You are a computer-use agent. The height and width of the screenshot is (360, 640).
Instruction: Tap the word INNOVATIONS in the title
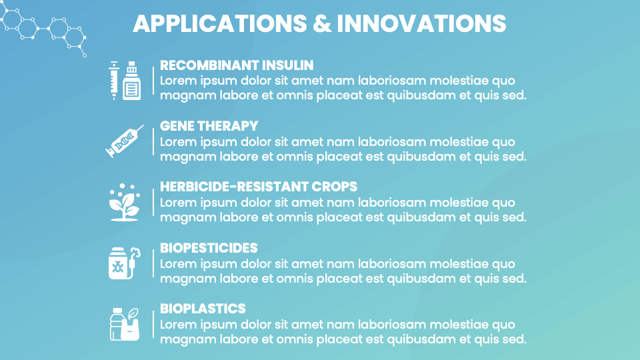[421, 24]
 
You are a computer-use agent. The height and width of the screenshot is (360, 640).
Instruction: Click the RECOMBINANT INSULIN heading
[237, 65]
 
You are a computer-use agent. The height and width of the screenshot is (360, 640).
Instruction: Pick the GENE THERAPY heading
[209, 126]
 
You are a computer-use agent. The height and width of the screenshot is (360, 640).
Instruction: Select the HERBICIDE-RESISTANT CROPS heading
[259, 187]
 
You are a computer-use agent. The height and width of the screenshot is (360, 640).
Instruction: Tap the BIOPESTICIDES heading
[209, 248]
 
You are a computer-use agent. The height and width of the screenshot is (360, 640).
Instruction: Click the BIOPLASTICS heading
[203, 309]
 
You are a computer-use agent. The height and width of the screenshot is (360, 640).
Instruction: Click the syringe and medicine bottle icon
[125, 80]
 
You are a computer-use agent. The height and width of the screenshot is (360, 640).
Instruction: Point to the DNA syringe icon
[125, 141]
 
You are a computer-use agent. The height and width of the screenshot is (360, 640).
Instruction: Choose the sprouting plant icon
[125, 202]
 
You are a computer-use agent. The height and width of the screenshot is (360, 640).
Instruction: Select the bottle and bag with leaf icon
[125, 323]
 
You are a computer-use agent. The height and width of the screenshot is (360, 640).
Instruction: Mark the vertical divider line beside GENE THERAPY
[153, 141]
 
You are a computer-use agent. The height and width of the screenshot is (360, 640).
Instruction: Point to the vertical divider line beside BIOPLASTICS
[153, 324]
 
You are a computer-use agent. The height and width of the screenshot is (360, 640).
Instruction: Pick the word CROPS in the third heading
[335, 187]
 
